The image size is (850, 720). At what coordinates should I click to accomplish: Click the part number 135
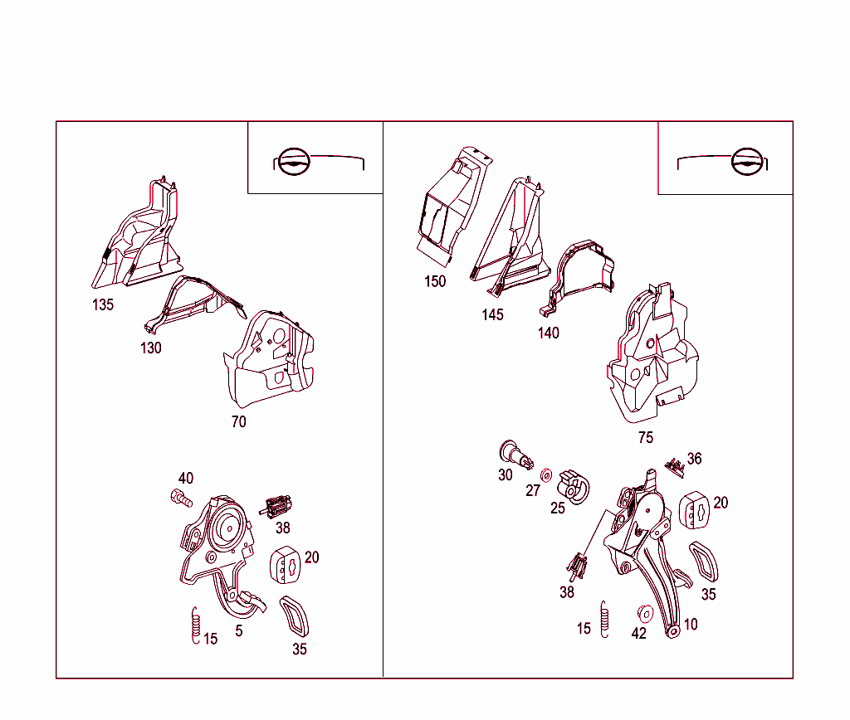point(103,305)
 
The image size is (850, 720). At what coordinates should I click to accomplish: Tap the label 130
point(151,348)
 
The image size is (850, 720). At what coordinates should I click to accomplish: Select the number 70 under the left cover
point(238,421)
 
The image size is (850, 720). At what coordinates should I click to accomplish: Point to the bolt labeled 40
point(181,498)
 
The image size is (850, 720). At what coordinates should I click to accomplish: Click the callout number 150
point(435,281)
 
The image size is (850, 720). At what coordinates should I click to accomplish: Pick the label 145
point(492,314)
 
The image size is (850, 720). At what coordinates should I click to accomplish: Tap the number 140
point(548,333)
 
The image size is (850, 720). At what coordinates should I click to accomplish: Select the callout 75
point(646,437)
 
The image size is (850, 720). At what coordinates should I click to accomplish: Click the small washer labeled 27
point(546,475)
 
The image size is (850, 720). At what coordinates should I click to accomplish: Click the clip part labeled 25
point(574,487)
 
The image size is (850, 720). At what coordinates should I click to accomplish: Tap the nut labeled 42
point(645,613)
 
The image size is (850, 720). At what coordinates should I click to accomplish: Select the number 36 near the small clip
point(695,459)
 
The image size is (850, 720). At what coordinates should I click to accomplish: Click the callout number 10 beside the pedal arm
point(691,624)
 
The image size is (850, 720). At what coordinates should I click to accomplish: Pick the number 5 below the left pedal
point(238,630)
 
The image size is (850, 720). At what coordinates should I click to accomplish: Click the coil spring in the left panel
point(196,625)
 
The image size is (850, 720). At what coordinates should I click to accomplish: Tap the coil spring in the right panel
point(604,620)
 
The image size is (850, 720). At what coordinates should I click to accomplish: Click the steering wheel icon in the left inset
point(293,161)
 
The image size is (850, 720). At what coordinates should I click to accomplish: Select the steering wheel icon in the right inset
point(747,161)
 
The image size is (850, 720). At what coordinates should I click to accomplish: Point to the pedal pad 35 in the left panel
point(294,617)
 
